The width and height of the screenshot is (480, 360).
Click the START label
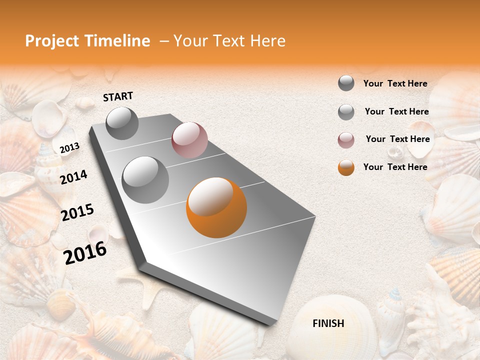(118, 96)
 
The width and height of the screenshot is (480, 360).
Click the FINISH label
(328, 323)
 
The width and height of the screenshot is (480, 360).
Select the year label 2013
(69, 148)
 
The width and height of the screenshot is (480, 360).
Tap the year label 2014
(73, 177)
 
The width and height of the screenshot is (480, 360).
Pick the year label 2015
(77, 212)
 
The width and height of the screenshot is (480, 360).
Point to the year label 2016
(85, 253)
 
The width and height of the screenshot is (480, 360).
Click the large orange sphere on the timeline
(216, 207)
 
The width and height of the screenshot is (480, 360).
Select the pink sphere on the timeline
(189, 140)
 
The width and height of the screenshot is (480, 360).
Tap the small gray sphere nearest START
(122, 123)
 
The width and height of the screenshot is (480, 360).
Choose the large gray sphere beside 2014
(145, 179)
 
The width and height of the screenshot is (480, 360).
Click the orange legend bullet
(346, 167)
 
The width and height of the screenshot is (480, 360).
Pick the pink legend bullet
(346, 140)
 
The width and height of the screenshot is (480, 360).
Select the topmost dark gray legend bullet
(346, 83)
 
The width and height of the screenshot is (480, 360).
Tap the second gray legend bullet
(346, 112)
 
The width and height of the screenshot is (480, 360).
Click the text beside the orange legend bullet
(395, 167)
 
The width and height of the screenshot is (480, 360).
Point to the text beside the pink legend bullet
(397, 139)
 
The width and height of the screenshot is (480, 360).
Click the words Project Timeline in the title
(87, 41)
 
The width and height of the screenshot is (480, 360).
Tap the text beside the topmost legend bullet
(395, 83)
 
